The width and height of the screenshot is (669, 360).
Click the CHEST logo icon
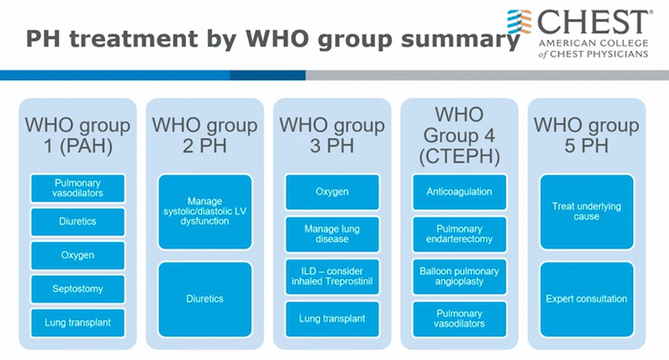[520, 22]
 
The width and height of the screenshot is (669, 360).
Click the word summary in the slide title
[460, 39]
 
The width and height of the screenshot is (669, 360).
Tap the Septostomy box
[78, 289]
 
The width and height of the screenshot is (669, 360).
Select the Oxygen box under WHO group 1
[78, 256]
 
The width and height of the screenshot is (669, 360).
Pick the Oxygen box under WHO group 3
[332, 191]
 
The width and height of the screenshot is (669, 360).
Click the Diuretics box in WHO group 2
[205, 299]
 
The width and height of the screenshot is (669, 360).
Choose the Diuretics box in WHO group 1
[78, 222]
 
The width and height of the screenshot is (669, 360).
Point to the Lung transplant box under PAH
[78, 323]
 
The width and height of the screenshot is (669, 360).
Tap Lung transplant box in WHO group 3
[332, 319]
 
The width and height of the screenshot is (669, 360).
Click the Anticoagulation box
[459, 191]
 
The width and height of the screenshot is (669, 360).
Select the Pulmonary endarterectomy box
[459, 234]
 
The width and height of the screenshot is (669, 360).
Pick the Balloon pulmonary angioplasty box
[459, 276]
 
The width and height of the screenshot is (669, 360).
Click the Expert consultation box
[587, 299]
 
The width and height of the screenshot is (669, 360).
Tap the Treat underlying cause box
[587, 211]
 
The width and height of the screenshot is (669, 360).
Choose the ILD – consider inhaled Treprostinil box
[332, 276]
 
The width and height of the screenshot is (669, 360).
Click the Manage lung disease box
[332, 234]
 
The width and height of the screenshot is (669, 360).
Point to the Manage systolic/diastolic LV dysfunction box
[205, 211]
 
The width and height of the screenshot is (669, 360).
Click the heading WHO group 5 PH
[587, 135]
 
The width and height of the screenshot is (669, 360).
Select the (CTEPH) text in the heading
[459, 156]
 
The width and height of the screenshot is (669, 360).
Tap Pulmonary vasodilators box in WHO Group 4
[459, 319]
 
